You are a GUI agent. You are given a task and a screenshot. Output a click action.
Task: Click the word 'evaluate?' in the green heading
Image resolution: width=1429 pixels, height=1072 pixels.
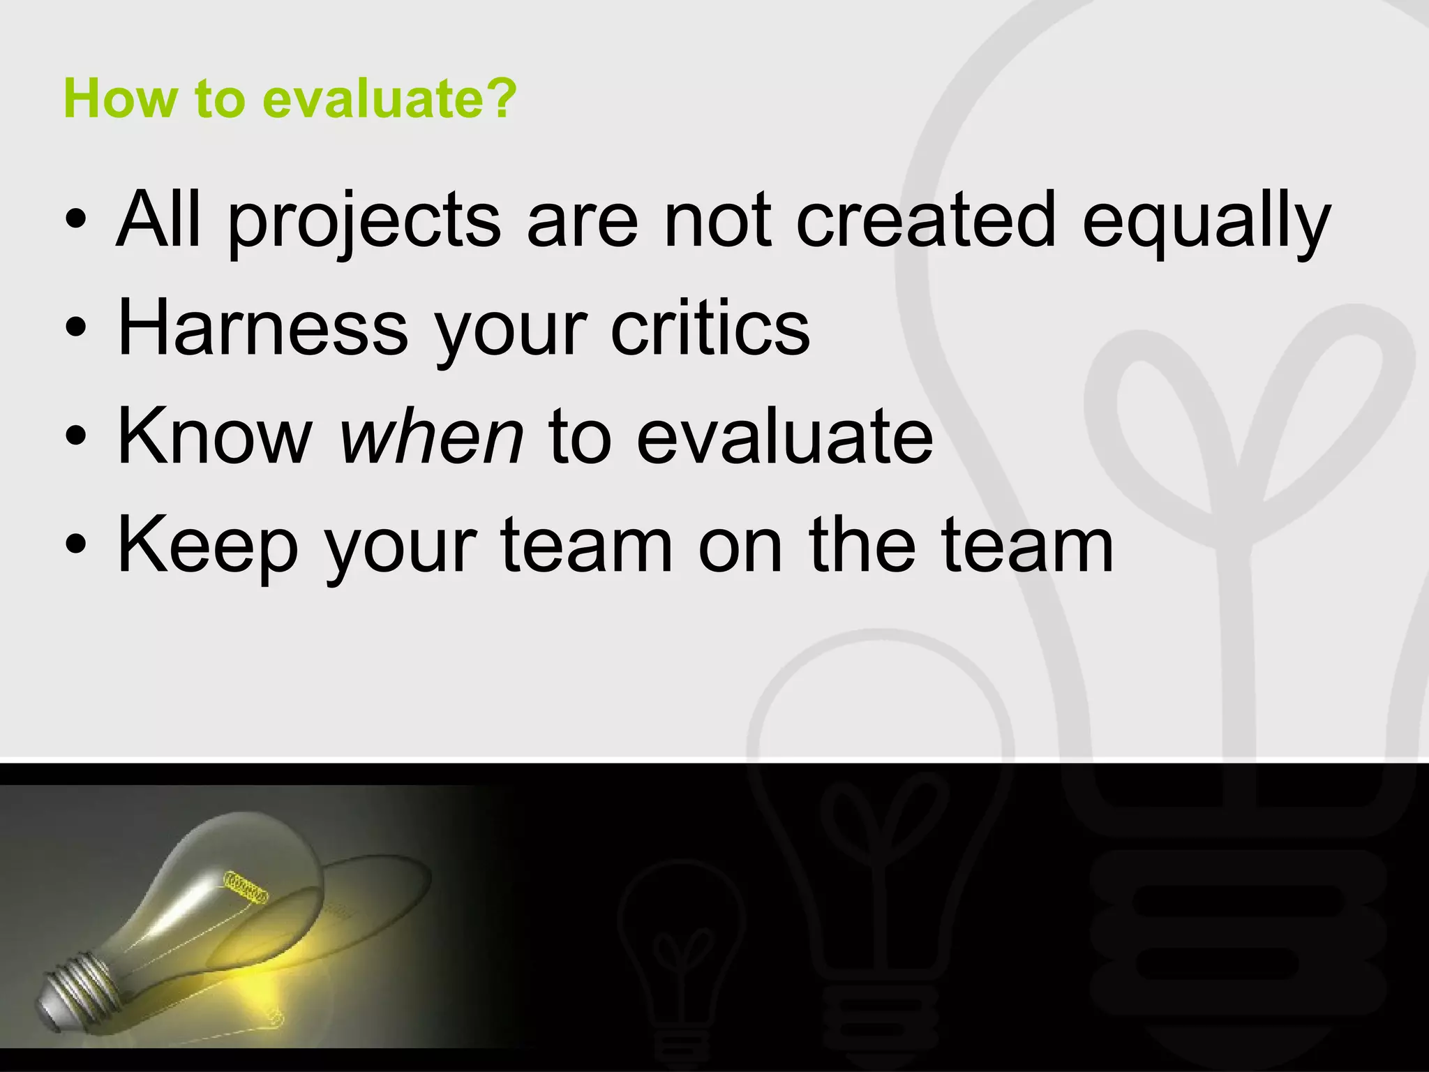(x=389, y=99)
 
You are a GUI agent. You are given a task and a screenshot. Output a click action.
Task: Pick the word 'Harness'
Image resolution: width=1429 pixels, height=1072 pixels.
(x=263, y=327)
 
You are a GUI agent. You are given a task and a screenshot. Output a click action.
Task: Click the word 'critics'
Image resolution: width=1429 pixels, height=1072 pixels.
(x=710, y=327)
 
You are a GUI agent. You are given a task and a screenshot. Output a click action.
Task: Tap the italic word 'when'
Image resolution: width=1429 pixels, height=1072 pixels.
(x=431, y=436)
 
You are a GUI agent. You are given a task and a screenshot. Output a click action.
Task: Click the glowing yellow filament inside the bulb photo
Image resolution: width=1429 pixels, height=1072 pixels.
(x=245, y=886)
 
